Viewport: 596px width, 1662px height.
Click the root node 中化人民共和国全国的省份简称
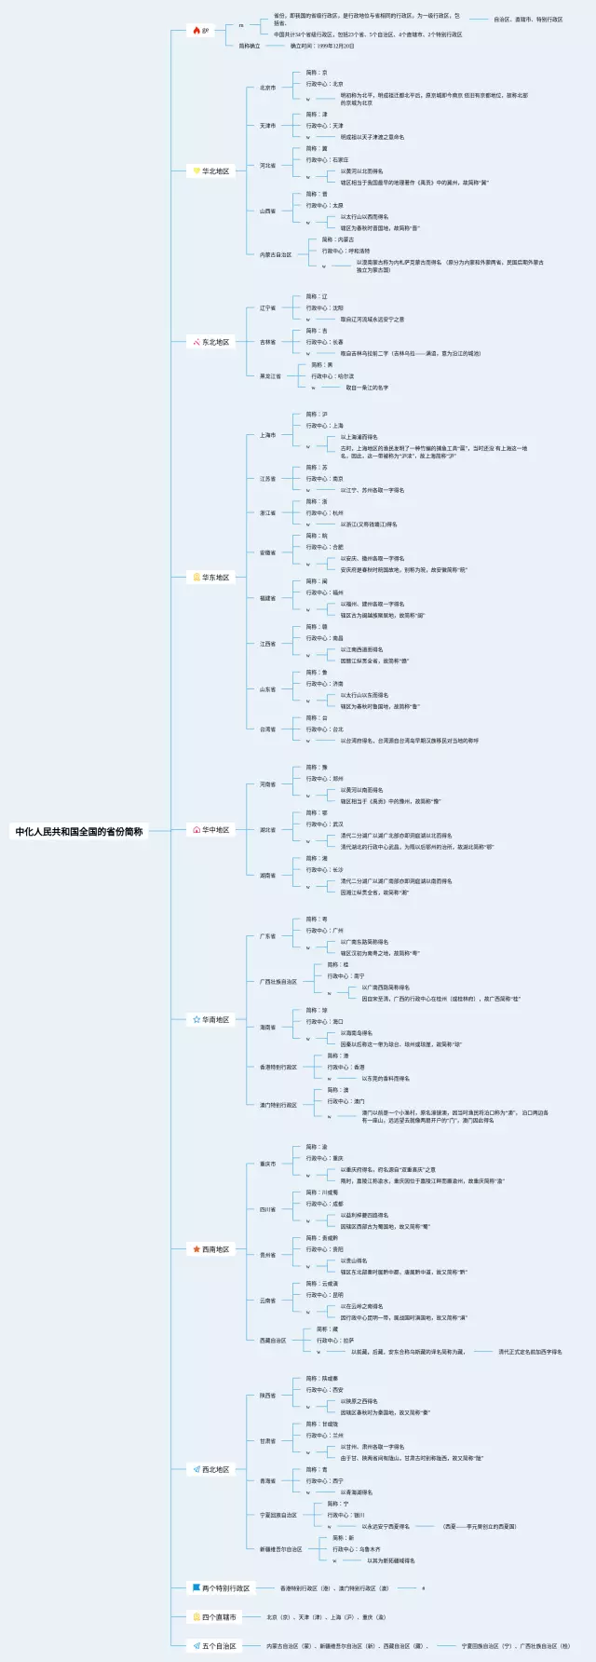tap(79, 831)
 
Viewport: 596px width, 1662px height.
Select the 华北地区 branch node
tap(215, 170)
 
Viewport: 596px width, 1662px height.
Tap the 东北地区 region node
tap(215, 342)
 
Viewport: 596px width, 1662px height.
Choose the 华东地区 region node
tap(215, 577)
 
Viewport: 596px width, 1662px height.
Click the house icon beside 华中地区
tap(196, 829)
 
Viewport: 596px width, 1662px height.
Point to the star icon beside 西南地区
tap(196, 1249)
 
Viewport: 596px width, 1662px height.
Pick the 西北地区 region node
tap(215, 1469)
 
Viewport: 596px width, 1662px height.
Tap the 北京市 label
tap(267, 88)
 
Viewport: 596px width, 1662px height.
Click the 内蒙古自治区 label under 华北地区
tap(276, 254)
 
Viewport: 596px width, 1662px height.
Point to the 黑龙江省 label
tap(270, 376)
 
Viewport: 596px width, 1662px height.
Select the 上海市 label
tap(267, 435)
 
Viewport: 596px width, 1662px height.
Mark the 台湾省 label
tap(267, 729)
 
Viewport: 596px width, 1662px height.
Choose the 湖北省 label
tap(267, 829)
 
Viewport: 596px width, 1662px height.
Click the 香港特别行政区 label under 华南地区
tap(278, 1067)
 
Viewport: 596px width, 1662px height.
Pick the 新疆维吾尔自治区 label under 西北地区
tap(280, 1549)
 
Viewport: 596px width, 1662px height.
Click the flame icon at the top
tap(196, 31)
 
